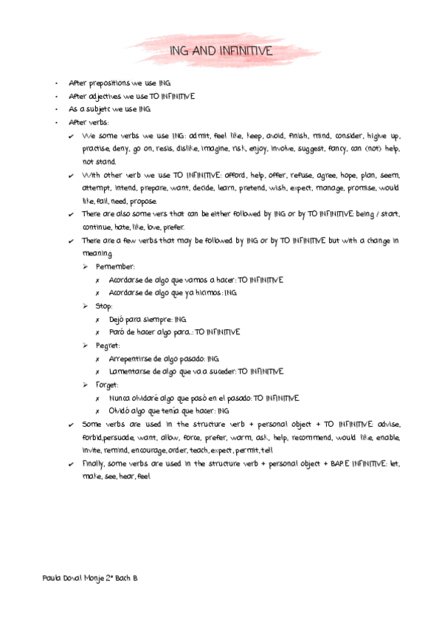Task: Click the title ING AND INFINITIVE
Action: point(221,51)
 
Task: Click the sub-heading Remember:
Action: point(115,266)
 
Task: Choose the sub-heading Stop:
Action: point(104,305)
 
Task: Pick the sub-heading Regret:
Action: point(108,345)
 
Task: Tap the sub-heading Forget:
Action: point(108,385)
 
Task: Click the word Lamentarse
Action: point(128,371)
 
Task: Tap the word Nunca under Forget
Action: point(119,398)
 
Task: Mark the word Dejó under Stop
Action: point(117,319)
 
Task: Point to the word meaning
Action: point(97,253)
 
